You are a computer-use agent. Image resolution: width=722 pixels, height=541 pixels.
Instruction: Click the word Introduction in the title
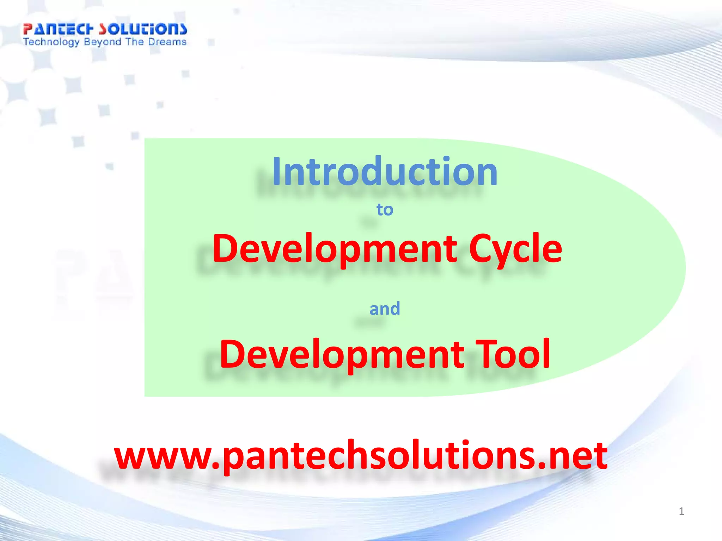coord(385,172)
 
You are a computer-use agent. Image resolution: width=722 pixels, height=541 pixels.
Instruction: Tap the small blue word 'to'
coord(385,210)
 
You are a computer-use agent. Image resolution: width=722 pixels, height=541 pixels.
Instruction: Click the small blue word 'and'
coord(385,309)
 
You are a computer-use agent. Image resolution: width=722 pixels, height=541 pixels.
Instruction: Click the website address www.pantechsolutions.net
coord(361,456)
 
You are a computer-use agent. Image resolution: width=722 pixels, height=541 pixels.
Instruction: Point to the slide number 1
coord(681,511)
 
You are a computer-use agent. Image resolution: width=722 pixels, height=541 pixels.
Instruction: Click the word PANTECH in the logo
coord(58,29)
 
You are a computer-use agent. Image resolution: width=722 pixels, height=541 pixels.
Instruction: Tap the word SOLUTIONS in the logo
coord(142,29)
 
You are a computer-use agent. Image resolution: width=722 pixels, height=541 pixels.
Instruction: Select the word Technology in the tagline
coord(51,42)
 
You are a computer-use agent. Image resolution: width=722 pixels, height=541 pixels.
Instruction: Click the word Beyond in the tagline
coord(103,42)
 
